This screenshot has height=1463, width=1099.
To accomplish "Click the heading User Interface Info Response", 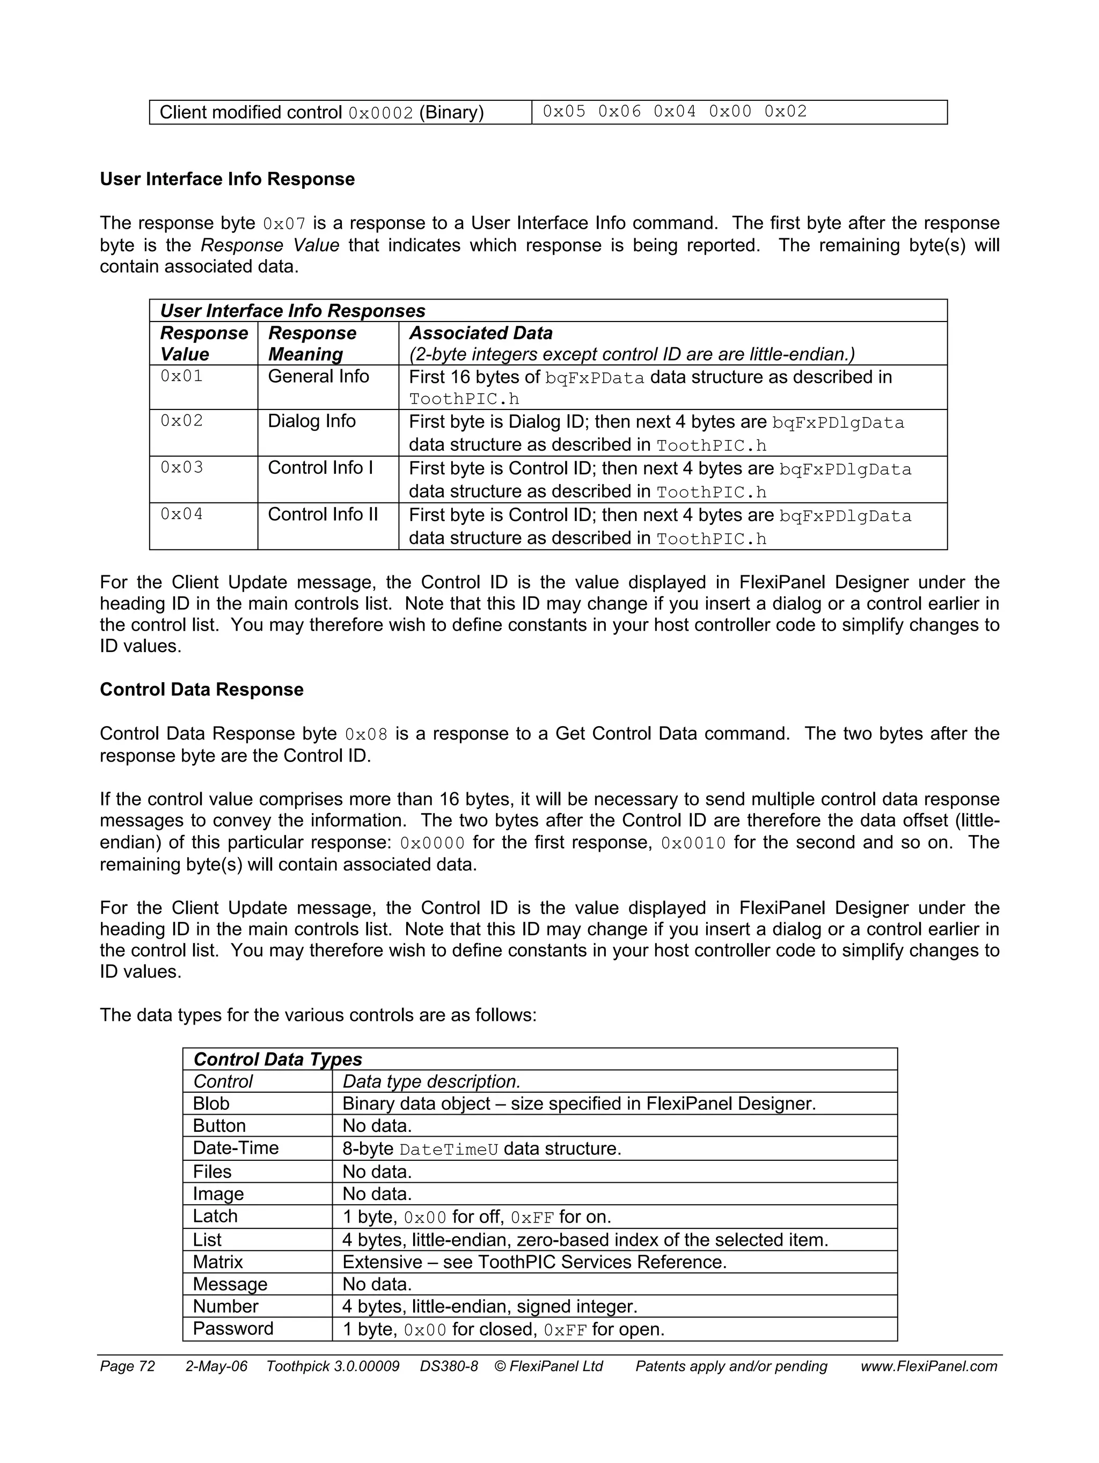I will coord(227,179).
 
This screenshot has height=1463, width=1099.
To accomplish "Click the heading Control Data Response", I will coord(201,689).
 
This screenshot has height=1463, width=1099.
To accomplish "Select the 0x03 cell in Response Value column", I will coord(181,467).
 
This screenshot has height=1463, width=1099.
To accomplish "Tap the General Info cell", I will coord(318,376).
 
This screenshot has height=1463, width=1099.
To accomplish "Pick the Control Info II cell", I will coord(323,514).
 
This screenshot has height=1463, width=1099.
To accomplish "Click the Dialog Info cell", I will coord(311,421).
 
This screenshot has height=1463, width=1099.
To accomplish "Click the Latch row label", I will coord(215,1216).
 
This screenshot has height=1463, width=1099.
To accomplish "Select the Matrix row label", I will coord(217,1261).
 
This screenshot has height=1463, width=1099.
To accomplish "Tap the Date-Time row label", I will coord(236,1147).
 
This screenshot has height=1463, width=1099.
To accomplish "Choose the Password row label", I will coord(233,1329).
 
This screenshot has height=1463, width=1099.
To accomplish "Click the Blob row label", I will coord(211,1103).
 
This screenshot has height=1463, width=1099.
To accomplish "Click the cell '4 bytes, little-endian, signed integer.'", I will coord(489,1306).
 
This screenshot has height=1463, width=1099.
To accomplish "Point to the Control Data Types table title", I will coord(277,1059).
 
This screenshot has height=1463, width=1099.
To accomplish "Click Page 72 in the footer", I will coord(127,1366).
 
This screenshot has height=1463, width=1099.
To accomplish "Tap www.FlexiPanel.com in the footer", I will coord(928,1366).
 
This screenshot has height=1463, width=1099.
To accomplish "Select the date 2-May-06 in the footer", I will coord(216,1366).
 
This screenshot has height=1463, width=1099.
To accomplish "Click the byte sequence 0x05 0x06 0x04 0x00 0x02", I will coord(675,112).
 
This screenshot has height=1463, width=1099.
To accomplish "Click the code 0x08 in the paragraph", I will coord(365,734).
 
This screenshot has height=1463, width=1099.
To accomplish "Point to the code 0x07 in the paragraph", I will coord(284,224).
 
